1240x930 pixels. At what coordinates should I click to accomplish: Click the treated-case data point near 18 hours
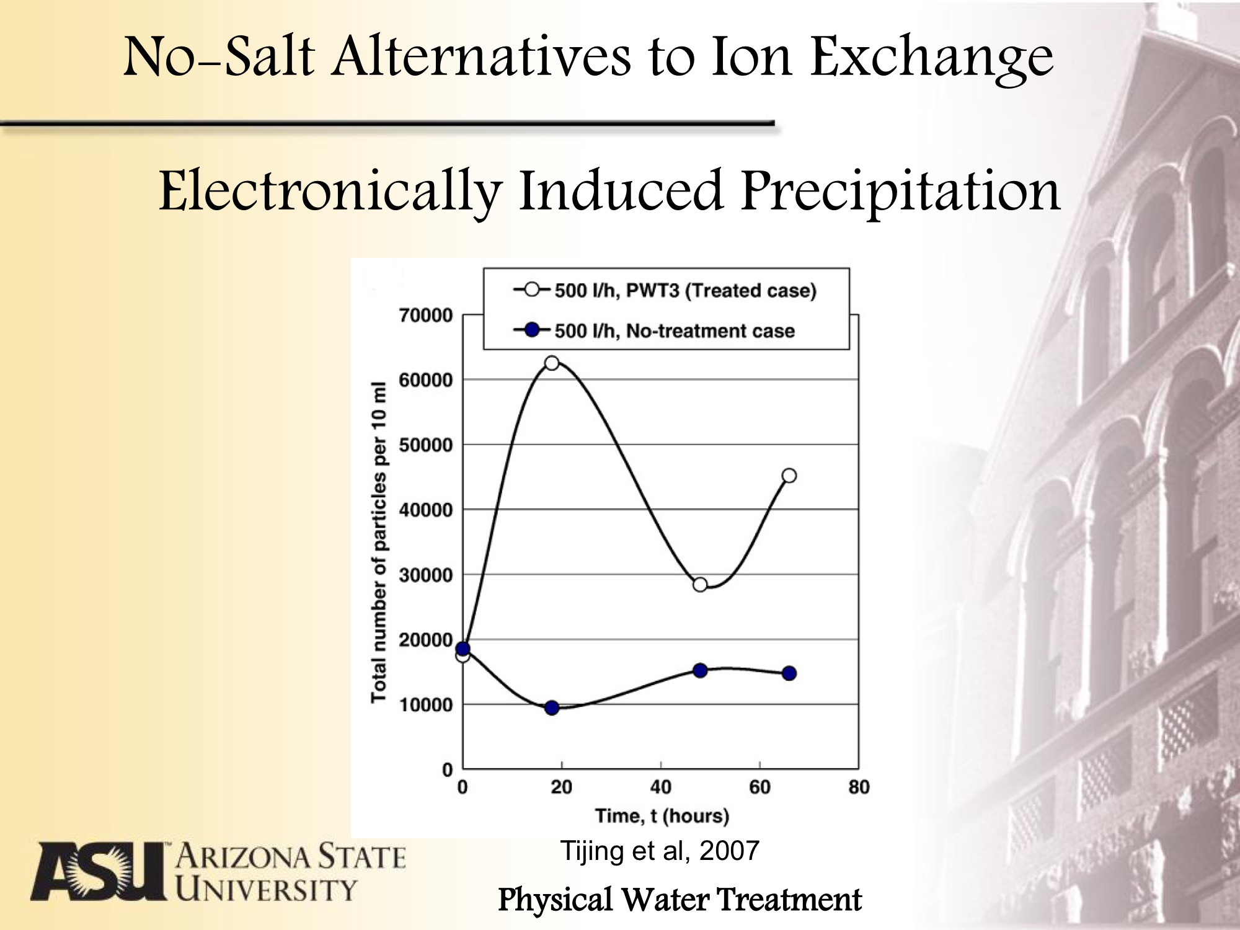tap(551, 363)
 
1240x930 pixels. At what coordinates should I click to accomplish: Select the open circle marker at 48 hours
tap(700, 584)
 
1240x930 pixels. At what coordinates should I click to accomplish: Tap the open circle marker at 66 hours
tap(789, 476)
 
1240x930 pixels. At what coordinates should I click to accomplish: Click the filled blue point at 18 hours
tap(552, 707)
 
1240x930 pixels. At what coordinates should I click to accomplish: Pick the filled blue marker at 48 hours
tap(700, 670)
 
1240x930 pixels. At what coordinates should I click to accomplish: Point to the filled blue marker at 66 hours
tap(789, 673)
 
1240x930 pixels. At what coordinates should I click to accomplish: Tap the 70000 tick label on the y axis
tap(425, 316)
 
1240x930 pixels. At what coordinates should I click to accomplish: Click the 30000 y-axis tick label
tap(425, 575)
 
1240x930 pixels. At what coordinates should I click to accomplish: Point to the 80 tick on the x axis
tap(859, 787)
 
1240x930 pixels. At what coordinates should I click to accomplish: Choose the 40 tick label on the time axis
tap(660, 787)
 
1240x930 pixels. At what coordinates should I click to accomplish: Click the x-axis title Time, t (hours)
tap(662, 816)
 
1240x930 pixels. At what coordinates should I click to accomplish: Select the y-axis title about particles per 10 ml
tap(379, 542)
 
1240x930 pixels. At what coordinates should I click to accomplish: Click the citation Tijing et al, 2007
tap(660, 851)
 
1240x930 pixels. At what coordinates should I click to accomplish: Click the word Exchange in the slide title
tap(932, 57)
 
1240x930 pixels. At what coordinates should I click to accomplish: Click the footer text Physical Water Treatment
tap(680, 900)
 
